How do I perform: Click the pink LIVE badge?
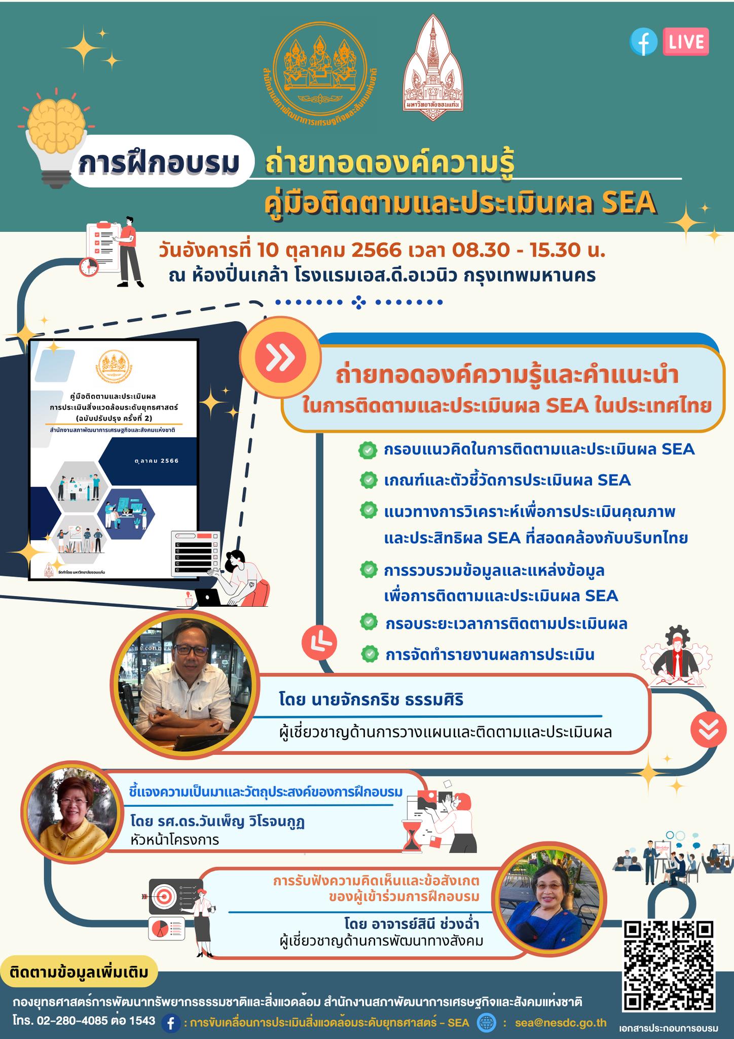click(686, 42)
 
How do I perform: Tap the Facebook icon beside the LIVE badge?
click(643, 43)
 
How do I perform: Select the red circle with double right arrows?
click(280, 359)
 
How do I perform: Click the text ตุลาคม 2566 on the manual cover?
click(157, 461)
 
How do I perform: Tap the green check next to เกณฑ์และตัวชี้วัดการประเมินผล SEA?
click(368, 480)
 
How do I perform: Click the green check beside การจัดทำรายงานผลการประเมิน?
click(370, 654)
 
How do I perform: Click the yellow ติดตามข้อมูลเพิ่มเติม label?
click(80, 972)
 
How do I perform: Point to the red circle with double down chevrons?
click(708, 730)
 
